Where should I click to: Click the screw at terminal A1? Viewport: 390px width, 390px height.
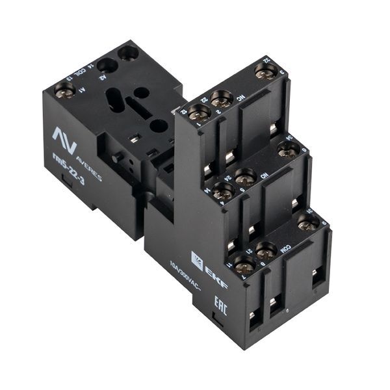(64, 89)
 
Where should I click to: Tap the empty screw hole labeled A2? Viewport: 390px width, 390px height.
(108, 65)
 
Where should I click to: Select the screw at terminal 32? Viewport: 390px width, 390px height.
(265, 70)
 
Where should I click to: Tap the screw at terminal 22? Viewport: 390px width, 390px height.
(222, 99)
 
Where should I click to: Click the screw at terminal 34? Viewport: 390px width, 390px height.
(287, 149)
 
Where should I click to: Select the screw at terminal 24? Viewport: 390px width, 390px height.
(245, 176)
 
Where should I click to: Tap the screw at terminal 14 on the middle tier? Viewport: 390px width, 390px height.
(223, 190)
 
